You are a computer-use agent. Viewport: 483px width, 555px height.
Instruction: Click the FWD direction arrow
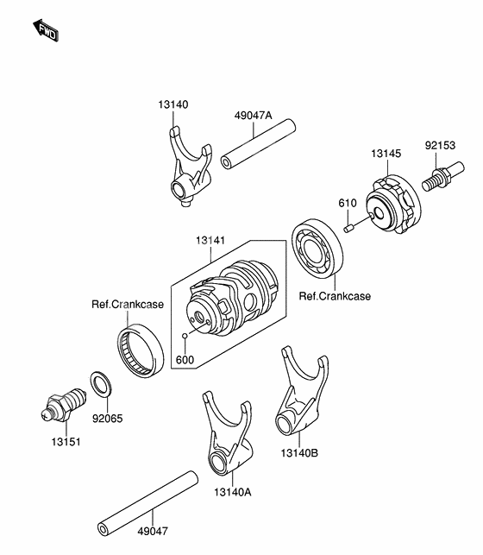click(46, 31)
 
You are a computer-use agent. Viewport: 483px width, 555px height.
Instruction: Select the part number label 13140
click(173, 104)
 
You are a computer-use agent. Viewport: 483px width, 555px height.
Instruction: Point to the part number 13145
click(386, 153)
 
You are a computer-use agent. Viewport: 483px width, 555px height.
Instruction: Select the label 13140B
click(298, 450)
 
